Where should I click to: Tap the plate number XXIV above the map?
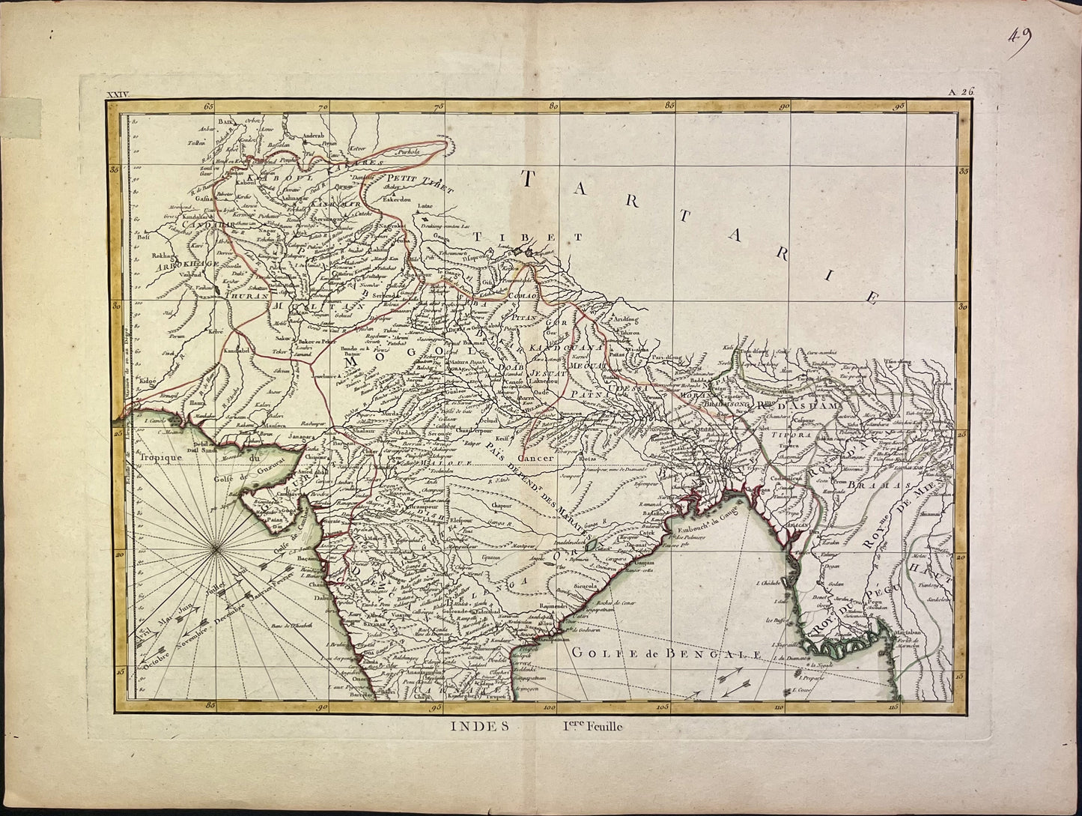pyautogui.click(x=119, y=94)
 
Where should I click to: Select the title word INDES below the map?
pyautogui.click(x=479, y=725)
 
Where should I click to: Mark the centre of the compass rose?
pyautogui.click(x=216, y=551)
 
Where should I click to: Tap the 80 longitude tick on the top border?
pyautogui.click(x=554, y=106)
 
